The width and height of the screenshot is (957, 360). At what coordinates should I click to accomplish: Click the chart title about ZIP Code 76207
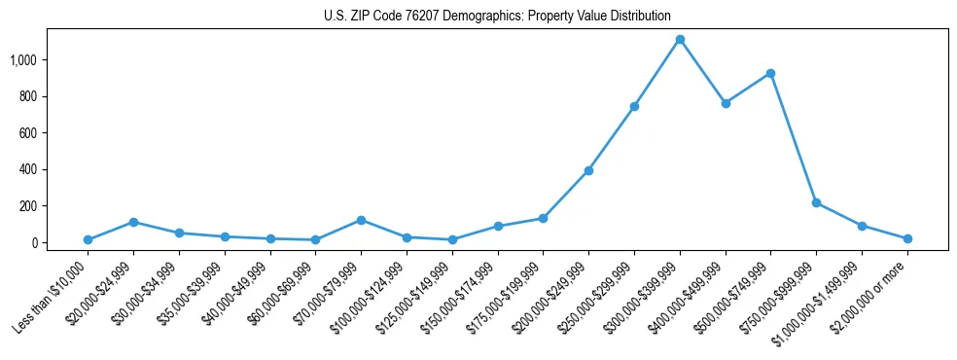click(x=497, y=16)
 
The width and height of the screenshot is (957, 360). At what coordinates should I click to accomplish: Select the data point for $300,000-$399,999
click(x=680, y=40)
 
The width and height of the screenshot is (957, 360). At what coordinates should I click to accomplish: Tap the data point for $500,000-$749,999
click(x=770, y=73)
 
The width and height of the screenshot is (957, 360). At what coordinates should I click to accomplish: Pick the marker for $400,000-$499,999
click(x=726, y=103)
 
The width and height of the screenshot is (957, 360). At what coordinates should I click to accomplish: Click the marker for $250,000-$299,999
click(x=634, y=106)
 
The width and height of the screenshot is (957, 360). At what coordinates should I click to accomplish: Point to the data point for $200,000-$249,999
click(x=588, y=170)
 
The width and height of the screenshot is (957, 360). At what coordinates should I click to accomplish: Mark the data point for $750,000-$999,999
click(x=816, y=202)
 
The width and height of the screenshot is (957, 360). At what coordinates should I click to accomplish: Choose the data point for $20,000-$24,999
click(x=133, y=222)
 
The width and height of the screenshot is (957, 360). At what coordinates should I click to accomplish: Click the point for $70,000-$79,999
click(x=361, y=220)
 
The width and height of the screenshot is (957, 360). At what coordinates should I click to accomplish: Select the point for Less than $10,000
click(x=88, y=239)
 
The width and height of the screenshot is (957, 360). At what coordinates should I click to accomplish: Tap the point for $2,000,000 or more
click(x=907, y=238)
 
